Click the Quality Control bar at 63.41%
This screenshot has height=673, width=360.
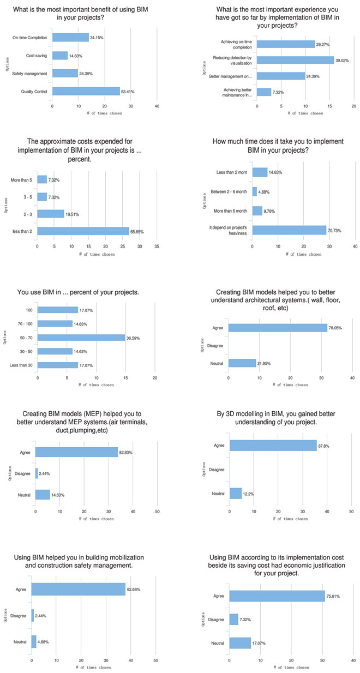(86, 91)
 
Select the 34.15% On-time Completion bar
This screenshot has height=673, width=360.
(70, 38)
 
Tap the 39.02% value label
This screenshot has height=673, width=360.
(343, 60)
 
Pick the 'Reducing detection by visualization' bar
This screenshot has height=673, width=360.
(295, 60)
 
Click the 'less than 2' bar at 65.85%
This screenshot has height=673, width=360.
(83, 231)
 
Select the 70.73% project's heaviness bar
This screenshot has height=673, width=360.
(289, 231)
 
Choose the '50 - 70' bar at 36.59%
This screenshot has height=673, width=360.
(81, 338)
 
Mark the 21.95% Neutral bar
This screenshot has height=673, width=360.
(242, 363)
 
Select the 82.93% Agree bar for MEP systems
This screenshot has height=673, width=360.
(76, 453)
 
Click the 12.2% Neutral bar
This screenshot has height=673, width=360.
(236, 494)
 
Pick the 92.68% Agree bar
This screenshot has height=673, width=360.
(78, 589)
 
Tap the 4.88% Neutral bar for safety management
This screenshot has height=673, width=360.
(34, 642)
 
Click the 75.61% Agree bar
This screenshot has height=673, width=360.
(277, 596)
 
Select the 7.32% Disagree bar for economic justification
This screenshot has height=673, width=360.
(233, 620)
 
